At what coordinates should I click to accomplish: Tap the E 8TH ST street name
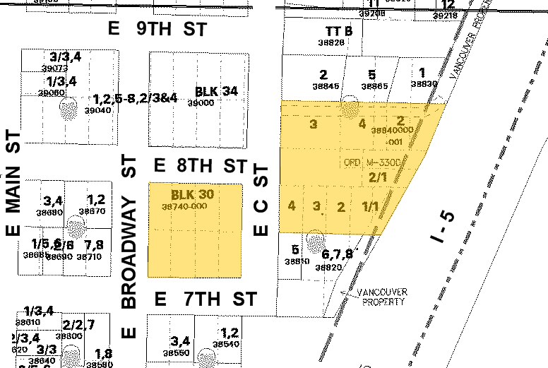200,166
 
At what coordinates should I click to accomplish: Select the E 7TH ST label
200,299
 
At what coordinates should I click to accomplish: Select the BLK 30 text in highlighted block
192,194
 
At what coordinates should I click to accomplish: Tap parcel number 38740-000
183,206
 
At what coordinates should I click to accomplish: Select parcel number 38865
374,86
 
